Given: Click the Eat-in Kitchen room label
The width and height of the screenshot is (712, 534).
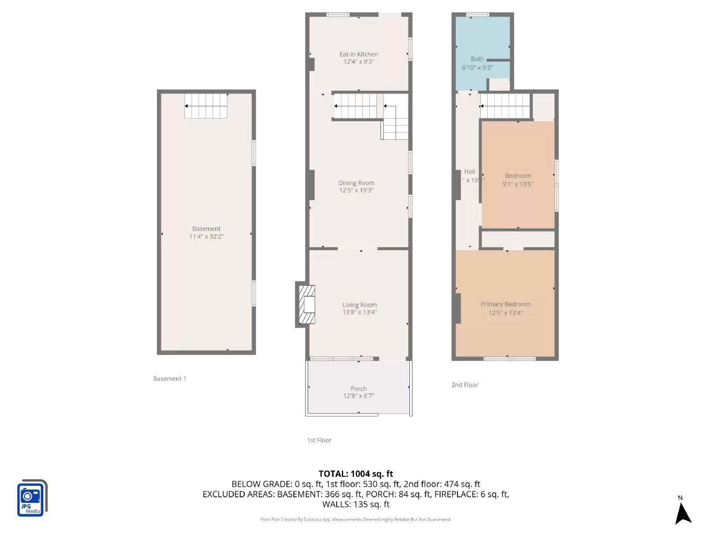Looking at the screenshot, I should coord(359,54).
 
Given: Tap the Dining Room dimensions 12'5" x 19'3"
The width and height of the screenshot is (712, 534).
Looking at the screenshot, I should coord(356,190).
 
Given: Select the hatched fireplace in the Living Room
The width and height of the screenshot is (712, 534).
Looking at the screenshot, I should coord(307,304).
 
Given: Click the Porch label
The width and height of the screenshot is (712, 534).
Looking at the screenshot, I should coord(359,388).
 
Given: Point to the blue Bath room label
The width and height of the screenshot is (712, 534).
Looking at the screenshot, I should coord(477,59).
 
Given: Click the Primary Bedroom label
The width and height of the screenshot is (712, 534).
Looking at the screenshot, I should coord(506,304).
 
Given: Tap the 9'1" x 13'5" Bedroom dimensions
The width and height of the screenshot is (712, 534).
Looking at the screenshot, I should coord(518,184).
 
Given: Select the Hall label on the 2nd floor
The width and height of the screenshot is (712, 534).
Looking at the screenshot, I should coord(469,172).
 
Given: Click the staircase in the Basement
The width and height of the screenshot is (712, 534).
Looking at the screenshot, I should coord(206,106).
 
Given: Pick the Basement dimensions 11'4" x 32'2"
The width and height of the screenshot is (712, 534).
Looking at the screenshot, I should coord(206,237).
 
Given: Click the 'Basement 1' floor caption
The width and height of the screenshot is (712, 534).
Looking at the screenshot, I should coord(170,379).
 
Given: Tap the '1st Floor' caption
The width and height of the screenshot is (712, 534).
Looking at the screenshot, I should coord(319,440).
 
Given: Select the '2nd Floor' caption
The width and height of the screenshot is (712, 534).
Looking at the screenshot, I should coord(465,385).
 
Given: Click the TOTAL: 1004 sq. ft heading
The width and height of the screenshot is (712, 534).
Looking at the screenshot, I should coord(356,474).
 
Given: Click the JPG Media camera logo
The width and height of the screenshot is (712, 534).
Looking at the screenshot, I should coord(32,499).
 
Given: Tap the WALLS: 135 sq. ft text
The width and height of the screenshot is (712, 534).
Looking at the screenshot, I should coord(356,505).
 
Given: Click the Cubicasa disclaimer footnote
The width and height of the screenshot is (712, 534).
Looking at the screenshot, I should coord(356,519).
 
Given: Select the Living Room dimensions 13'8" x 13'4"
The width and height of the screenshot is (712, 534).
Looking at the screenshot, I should coord(359,312).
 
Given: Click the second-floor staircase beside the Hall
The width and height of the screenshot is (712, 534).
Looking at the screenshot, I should coord(505,106).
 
